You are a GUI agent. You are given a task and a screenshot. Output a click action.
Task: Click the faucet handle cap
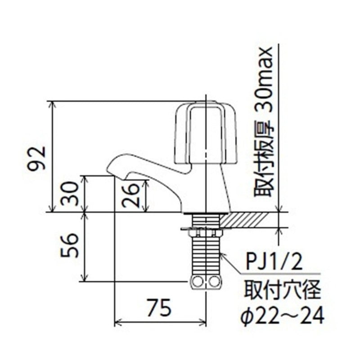(205, 133)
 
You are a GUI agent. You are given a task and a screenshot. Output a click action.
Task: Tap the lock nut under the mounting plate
(206, 233)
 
